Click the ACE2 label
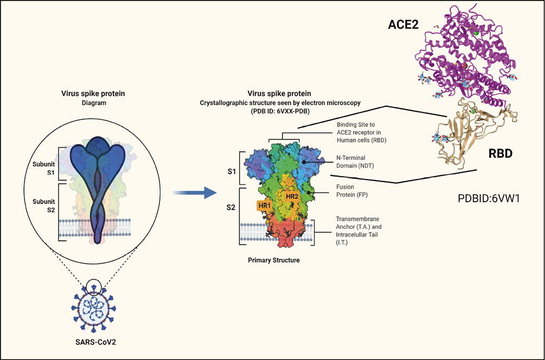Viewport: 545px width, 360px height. pos(403,25)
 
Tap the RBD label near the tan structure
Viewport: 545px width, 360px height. pos(501,153)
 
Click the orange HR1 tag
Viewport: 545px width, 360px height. pos(265,205)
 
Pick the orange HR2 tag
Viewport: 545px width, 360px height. pos(292,196)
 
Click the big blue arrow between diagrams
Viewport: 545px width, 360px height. pos(195,192)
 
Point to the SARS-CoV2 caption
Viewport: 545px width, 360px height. pos(95,342)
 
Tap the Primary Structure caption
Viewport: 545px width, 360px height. pos(274,260)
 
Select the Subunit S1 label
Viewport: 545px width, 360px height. pos(44,168)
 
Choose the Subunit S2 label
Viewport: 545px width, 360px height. pos(44,205)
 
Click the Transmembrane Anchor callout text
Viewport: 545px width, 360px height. pos(358,231)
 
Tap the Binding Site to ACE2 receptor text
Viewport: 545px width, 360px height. pos(362,132)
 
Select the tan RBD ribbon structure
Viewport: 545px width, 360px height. pos(473,132)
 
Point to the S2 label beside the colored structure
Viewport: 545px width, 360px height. pos(231,208)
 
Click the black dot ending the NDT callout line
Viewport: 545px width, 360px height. pos(304,162)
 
